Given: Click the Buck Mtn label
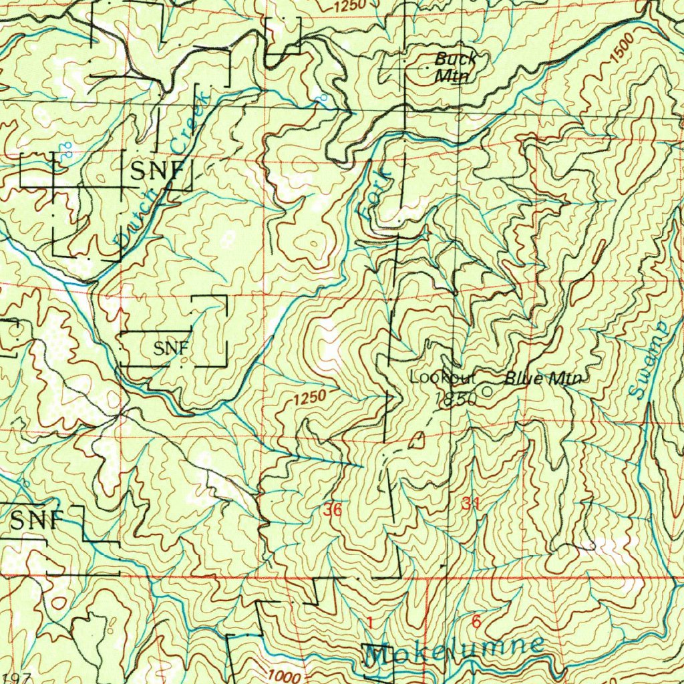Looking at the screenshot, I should pyautogui.click(x=455, y=67).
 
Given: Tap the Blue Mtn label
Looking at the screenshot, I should pyautogui.click(x=542, y=379).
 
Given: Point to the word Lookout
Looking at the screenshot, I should pyautogui.click(x=442, y=377).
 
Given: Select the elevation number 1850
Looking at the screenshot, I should pyautogui.click(x=456, y=399).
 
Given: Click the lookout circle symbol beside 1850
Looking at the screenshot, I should pyautogui.click(x=487, y=391).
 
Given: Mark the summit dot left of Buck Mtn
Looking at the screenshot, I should pyautogui.click(x=427, y=68).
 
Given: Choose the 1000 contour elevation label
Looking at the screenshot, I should pyautogui.click(x=285, y=676).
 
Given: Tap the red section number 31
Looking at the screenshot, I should pyautogui.click(x=470, y=504).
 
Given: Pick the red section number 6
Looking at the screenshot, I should pyautogui.click(x=476, y=622).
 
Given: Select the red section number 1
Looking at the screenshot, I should pyautogui.click(x=369, y=623).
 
